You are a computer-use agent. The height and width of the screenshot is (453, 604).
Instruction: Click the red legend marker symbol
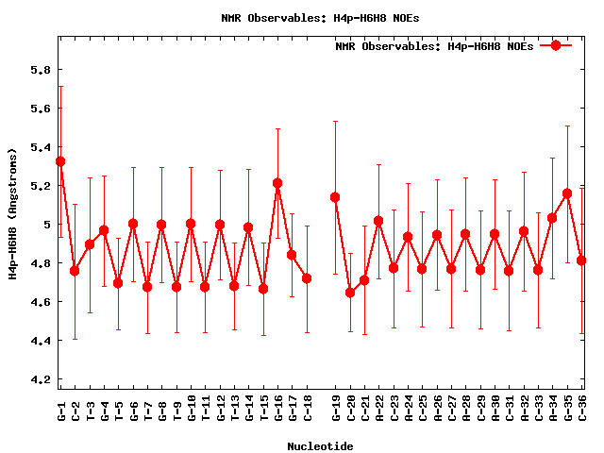[556, 45]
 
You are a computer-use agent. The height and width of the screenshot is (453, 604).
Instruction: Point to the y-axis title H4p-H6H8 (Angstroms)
[13, 213]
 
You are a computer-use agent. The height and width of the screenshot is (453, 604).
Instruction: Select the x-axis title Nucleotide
[321, 446]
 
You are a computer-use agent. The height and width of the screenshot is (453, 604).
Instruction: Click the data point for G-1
[60, 161]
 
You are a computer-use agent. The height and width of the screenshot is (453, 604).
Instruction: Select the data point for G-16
[277, 183]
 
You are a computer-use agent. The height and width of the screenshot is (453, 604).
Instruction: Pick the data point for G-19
[335, 197]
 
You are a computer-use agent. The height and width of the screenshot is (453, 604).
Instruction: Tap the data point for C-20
[350, 293]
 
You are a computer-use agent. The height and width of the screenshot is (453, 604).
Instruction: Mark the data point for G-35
[567, 193]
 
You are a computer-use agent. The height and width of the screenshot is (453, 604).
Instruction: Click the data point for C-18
[307, 278]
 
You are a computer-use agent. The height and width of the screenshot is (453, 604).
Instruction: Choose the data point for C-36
[581, 260]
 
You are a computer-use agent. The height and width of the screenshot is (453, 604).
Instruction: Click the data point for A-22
[378, 221]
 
